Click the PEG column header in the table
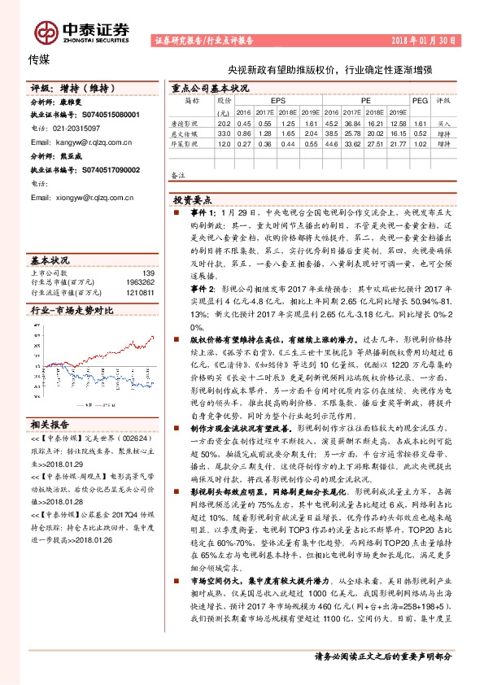click(420, 99)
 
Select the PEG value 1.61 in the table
click(420, 122)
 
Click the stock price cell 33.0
click(224, 133)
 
